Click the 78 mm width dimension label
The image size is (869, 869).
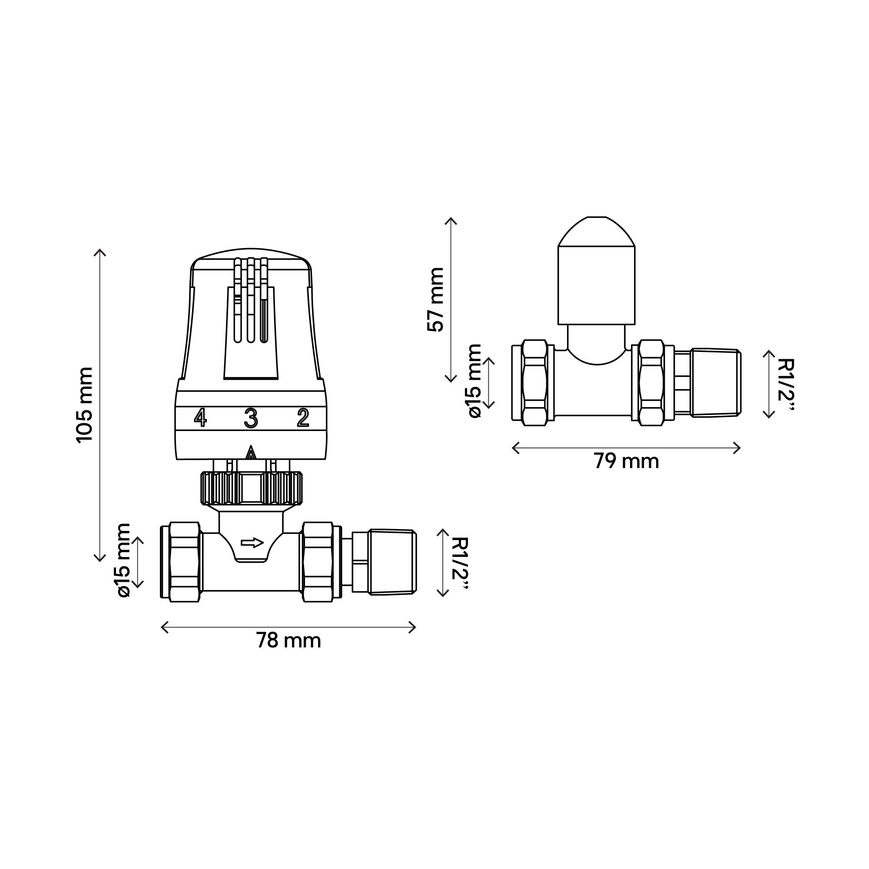pos(289,640)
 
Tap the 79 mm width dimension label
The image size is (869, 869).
pos(626,461)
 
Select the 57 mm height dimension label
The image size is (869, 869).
pos(435,299)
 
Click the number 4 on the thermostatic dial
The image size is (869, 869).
pos(200,418)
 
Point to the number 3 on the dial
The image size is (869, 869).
pos(251,418)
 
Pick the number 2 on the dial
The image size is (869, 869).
pos(303,418)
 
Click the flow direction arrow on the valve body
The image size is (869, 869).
pos(252,543)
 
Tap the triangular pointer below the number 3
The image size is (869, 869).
pos(251,452)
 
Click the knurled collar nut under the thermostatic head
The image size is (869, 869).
pos(252,488)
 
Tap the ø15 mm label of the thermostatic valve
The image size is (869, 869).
pos(123,561)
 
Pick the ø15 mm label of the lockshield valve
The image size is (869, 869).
pos(474,381)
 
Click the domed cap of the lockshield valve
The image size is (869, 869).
pos(596,274)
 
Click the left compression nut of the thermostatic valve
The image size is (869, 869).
pos(180,562)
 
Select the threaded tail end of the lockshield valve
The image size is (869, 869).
pos(715,382)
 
